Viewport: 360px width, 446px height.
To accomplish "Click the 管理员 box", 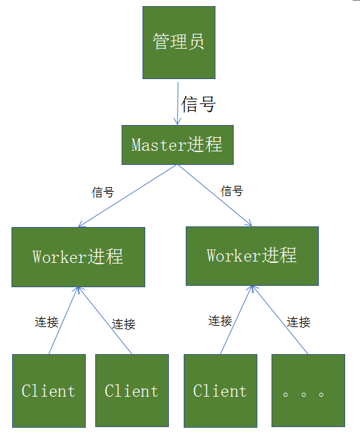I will tap(178, 42).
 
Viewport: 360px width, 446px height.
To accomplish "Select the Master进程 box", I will tap(177, 145).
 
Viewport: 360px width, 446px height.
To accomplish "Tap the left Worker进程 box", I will tap(78, 257).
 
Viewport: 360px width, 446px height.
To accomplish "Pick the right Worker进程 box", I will tap(252, 255).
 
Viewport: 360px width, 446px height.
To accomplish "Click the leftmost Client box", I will tap(49, 391).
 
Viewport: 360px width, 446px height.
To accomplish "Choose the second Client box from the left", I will tap(132, 391).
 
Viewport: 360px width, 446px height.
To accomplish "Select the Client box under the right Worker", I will tap(220, 391).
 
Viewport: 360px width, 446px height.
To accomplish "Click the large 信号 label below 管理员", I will tap(199, 103).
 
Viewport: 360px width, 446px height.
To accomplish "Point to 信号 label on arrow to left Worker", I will tap(103, 193).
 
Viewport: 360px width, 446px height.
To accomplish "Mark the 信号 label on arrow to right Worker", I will tap(232, 191).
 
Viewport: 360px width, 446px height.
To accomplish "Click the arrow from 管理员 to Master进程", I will tap(177, 103).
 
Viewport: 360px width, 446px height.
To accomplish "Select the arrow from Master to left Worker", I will tap(128, 196).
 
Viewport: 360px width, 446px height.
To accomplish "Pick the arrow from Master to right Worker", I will tap(215, 195).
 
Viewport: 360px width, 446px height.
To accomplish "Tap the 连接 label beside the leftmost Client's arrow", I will tap(47, 322).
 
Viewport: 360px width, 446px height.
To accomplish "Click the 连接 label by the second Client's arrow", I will tap(124, 324).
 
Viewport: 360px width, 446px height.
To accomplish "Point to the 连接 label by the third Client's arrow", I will tap(220, 320).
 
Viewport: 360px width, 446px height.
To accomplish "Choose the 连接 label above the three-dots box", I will tap(298, 322).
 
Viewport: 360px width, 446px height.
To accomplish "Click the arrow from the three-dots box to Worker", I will tap(280, 319).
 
